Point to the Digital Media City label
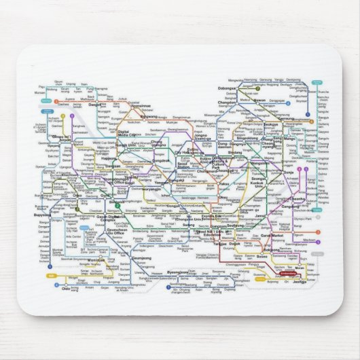[x=127, y=132]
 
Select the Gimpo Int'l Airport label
[x=57, y=136]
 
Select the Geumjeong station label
[x=141, y=258]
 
